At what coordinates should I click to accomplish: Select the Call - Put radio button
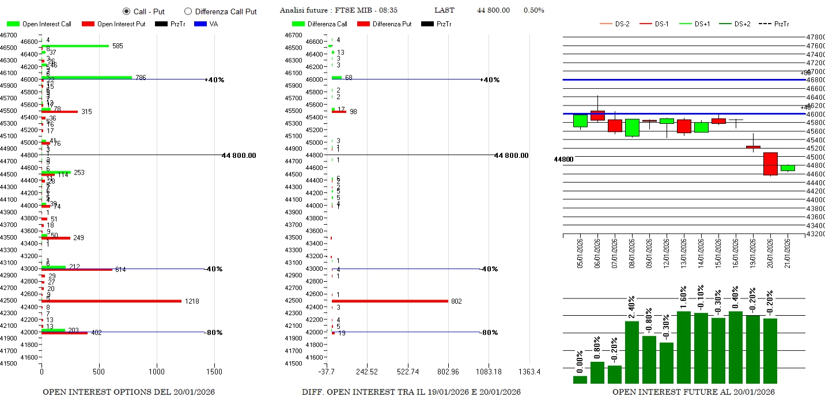[127, 12]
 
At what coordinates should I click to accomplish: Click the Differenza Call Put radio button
[188, 12]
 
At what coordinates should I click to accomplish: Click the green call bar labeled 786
[86, 77]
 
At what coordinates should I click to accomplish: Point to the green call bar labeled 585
[75, 46]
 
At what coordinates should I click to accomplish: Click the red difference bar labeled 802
[389, 301]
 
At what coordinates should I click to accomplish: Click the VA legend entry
[206, 24]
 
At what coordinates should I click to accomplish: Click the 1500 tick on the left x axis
[214, 372]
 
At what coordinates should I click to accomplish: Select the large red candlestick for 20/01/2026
[770, 164]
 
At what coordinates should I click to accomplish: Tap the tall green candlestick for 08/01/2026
[632, 127]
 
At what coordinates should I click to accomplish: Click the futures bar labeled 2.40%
[632, 351]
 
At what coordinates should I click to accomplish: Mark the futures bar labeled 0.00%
[580, 379]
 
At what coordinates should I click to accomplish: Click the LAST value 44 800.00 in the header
[493, 10]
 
